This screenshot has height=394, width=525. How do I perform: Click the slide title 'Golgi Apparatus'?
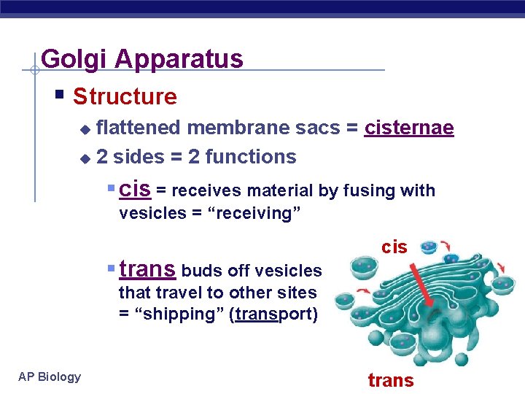coord(142,58)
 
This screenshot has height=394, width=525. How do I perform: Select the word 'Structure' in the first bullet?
coord(125,96)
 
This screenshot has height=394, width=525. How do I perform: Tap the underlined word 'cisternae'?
coord(409,128)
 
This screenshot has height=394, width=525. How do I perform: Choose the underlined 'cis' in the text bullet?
coord(135,190)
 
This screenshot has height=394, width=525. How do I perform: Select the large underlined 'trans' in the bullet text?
coord(147,269)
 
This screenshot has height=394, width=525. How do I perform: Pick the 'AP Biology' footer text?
coord(50,376)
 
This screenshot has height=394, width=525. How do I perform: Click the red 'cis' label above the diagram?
coord(394,247)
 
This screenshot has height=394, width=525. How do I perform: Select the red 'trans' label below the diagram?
coord(390,380)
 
